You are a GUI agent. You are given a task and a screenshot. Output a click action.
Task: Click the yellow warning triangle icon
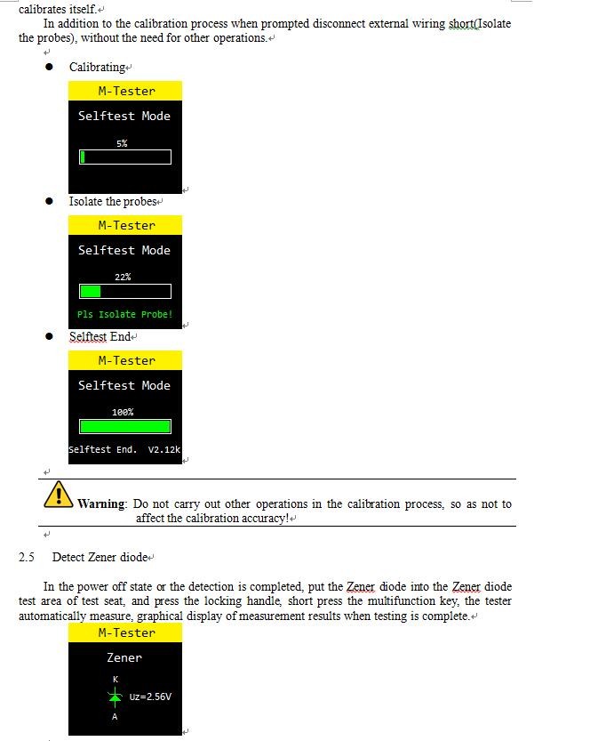(x=58, y=495)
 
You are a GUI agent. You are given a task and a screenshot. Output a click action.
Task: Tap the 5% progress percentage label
(x=122, y=143)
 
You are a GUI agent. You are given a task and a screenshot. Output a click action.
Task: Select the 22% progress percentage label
(x=123, y=277)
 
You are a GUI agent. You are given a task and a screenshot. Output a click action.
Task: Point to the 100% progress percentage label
(x=123, y=412)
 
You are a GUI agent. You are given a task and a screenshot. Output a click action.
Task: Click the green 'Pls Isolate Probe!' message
(x=124, y=314)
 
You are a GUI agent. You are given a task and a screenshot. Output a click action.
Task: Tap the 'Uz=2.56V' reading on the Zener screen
(x=150, y=697)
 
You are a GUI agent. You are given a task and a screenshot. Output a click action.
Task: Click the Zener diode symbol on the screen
(x=115, y=697)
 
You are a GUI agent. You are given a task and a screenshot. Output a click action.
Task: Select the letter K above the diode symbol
(x=115, y=680)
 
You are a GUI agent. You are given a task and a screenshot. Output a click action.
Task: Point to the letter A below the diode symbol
(x=115, y=717)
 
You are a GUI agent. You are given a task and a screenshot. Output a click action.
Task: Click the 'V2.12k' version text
(x=164, y=449)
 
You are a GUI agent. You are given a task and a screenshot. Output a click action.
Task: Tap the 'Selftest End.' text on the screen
(x=103, y=449)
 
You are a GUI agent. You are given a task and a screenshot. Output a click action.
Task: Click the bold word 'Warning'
(x=101, y=504)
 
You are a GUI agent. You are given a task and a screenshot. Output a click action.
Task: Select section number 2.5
(x=27, y=558)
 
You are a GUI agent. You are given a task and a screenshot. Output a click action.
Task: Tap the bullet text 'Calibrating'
(x=98, y=68)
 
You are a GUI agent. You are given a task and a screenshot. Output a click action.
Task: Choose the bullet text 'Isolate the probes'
(x=113, y=202)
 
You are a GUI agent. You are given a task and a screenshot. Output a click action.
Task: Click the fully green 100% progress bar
(x=125, y=426)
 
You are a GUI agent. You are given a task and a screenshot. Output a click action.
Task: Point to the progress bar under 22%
(x=125, y=291)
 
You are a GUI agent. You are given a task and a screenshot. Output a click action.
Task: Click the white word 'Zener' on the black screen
(x=124, y=657)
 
